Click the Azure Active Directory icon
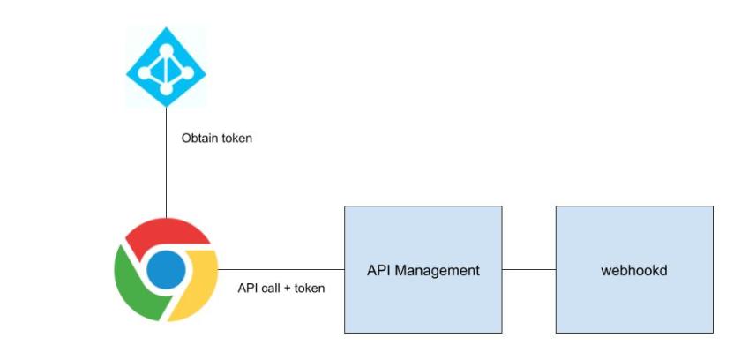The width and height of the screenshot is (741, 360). pos(166,68)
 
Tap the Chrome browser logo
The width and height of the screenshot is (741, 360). pos(166,269)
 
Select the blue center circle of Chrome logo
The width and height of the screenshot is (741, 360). pos(166,269)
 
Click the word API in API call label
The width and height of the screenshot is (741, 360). pos(249,288)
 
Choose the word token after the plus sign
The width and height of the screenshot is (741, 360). pos(311,288)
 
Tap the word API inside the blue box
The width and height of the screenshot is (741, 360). pos(378,270)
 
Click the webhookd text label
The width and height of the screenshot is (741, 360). pos(633,270)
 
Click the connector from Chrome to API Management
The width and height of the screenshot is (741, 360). pos(281,269)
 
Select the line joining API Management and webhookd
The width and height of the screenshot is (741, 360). pos(528,269)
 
